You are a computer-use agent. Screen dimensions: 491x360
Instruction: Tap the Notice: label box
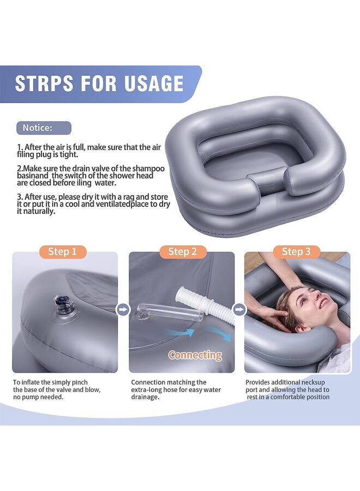coord(43,128)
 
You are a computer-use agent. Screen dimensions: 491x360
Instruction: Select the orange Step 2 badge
coord(182,252)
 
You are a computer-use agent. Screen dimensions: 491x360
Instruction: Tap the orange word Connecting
coord(195,355)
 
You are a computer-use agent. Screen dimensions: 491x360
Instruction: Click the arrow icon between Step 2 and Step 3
coord(239,310)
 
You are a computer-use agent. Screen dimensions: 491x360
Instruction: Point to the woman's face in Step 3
coord(305,303)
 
